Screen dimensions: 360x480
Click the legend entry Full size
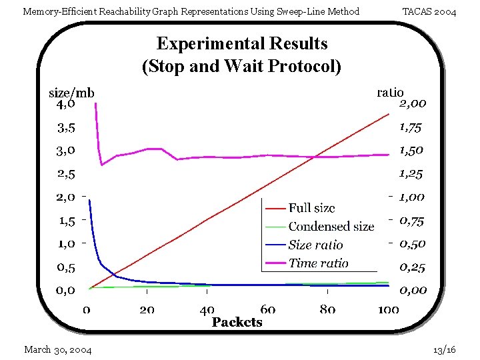(x=311, y=209)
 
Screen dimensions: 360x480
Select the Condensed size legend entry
(x=331, y=227)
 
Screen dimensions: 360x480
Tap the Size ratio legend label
(x=315, y=245)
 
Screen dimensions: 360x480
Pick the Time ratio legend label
(x=318, y=263)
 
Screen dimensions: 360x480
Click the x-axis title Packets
(x=237, y=322)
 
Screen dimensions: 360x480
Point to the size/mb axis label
(x=71, y=93)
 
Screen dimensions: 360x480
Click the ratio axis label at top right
(x=390, y=93)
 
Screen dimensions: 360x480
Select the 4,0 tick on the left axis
(x=65, y=103)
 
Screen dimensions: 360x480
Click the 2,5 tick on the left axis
(x=65, y=174)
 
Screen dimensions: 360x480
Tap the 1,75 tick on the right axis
(x=411, y=127)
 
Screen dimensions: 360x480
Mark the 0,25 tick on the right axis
(x=412, y=267)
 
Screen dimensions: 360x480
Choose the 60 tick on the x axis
(x=267, y=309)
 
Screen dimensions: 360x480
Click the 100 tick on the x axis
(x=388, y=309)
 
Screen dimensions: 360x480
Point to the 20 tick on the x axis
(x=147, y=309)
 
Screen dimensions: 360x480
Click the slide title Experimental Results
(x=242, y=44)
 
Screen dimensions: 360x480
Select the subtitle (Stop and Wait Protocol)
(x=241, y=66)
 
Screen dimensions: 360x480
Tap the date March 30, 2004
(x=58, y=349)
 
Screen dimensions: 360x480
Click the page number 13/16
(x=444, y=349)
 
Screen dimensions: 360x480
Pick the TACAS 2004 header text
(x=429, y=11)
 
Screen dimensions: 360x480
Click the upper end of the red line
(x=389, y=115)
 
